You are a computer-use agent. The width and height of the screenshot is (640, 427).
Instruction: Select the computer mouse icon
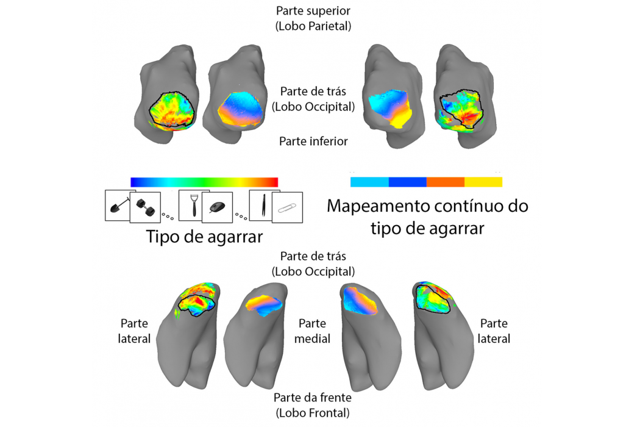tap(216, 208)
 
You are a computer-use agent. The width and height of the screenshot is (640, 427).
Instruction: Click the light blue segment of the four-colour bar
tap(369, 182)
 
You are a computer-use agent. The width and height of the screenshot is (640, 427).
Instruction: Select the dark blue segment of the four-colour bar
tap(407, 182)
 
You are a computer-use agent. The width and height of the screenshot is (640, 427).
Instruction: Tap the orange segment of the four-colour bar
tap(446, 182)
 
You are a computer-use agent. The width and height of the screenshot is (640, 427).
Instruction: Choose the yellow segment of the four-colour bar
tap(483, 182)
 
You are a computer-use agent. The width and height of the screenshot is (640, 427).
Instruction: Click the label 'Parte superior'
tap(313, 11)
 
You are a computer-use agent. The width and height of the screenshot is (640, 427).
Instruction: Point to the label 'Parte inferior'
tap(313, 142)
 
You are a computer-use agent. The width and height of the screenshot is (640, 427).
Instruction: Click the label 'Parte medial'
tap(313, 331)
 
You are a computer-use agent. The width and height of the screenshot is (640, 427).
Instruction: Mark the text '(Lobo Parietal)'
tap(313, 26)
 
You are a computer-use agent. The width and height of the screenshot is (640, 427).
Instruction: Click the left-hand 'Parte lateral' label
tap(134, 331)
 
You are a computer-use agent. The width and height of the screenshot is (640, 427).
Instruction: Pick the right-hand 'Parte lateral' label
tap(494, 331)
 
